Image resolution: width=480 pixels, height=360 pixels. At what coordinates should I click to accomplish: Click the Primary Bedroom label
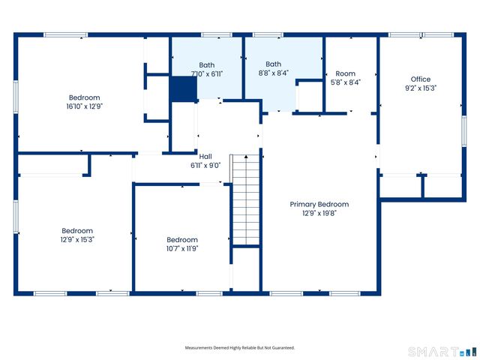(x=319, y=204)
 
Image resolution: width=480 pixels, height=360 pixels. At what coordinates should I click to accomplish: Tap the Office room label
(x=421, y=79)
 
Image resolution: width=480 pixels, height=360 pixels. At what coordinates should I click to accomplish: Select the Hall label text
(x=205, y=157)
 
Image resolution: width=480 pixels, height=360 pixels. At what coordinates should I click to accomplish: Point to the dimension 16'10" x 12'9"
(x=85, y=106)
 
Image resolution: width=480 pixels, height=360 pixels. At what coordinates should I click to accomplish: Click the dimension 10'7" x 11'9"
(x=182, y=248)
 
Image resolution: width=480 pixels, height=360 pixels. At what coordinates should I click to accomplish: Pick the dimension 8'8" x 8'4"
(x=273, y=73)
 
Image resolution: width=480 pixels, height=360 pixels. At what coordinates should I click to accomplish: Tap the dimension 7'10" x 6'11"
(x=207, y=73)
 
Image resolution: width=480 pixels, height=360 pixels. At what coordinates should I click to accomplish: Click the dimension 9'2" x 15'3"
(x=421, y=88)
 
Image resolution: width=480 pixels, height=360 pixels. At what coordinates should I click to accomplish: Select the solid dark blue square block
(x=184, y=88)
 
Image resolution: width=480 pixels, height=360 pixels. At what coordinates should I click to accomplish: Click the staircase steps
(x=246, y=199)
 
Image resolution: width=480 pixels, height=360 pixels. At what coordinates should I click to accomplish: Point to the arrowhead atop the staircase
(x=246, y=157)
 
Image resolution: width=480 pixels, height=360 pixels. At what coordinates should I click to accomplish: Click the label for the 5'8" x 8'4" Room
(x=346, y=73)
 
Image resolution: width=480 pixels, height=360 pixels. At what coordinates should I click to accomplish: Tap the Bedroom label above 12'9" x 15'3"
(x=77, y=231)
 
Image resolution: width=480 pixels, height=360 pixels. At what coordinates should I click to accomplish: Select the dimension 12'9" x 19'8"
(x=319, y=213)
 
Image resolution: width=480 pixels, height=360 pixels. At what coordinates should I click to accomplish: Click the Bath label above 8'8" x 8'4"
(x=273, y=64)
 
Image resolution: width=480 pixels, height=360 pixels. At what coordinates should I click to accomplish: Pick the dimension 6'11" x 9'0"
(x=205, y=166)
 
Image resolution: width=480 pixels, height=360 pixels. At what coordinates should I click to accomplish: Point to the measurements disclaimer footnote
(x=240, y=348)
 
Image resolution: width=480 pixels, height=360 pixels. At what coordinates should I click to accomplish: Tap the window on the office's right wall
(x=464, y=130)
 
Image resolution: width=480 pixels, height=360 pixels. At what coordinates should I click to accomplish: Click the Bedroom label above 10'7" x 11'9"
(x=182, y=240)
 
